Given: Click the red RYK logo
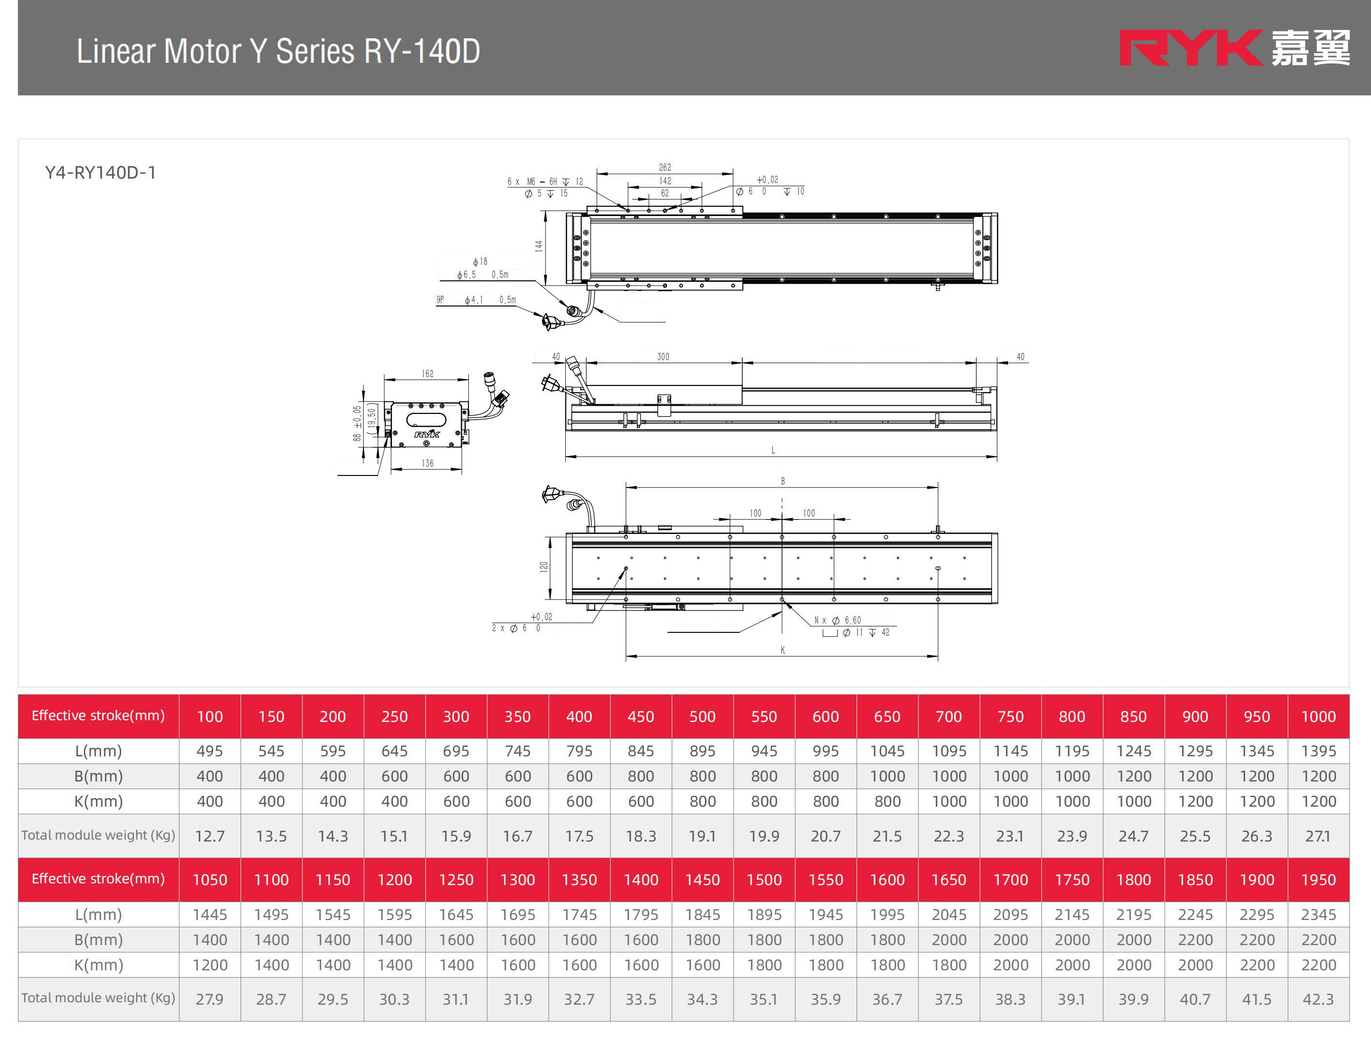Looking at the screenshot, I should tap(1190, 48).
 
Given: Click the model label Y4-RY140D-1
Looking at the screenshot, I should tap(100, 172).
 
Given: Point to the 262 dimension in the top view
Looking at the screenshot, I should tap(664, 168).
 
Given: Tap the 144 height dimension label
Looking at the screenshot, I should tap(539, 246).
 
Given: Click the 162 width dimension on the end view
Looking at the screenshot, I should tap(427, 374).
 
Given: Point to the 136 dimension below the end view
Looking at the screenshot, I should tap(427, 463).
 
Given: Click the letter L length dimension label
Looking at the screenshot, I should tap(773, 450).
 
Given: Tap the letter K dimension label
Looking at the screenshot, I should tap(782, 650).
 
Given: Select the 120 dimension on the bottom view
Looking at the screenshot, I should tap(543, 566).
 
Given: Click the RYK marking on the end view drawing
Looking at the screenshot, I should tap(426, 434).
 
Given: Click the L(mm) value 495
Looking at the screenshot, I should tap(210, 751).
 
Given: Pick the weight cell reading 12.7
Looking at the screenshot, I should tap(210, 836).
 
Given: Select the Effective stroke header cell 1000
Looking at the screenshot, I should tap(1318, 717).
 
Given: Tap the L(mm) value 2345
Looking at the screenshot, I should tap(1318, 915).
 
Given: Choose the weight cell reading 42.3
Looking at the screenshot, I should tap(1318, 999).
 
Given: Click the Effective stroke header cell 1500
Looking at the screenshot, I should tap(764, 880).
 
